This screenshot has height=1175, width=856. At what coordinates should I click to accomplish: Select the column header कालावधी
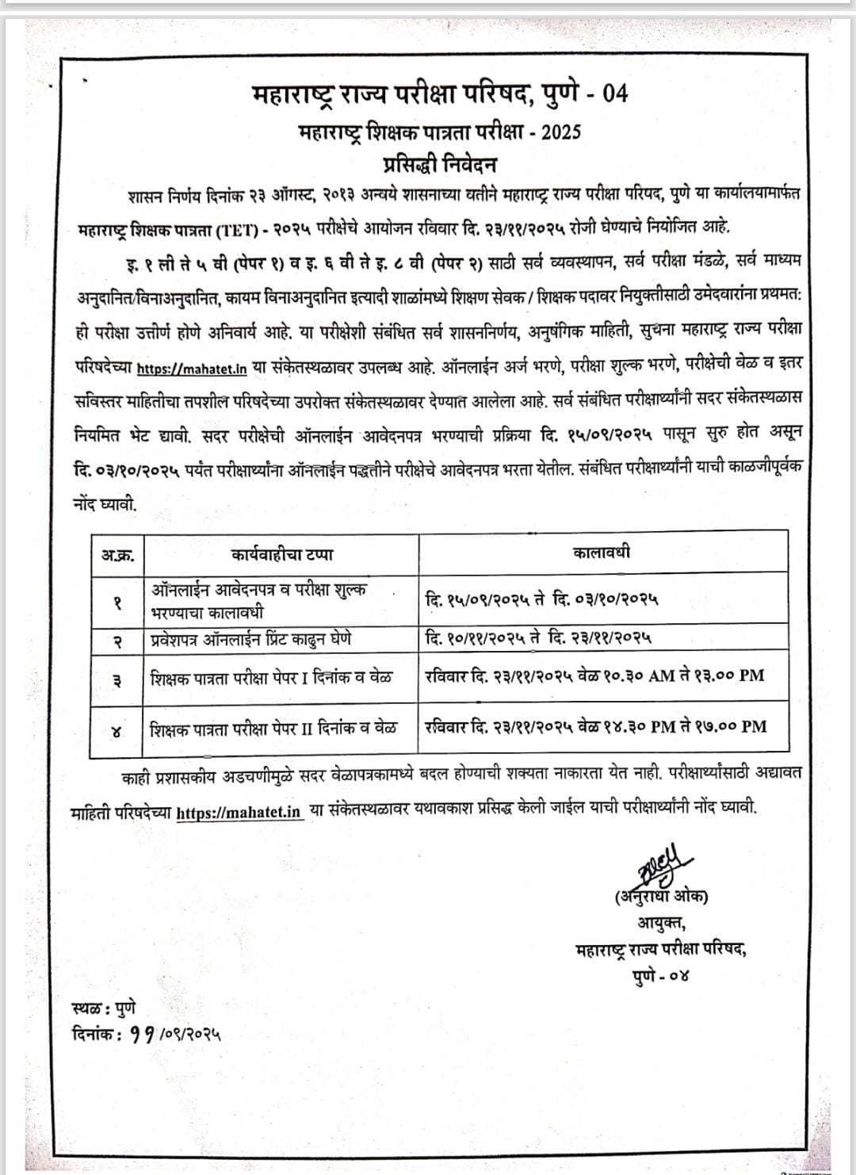[x=602, y=553]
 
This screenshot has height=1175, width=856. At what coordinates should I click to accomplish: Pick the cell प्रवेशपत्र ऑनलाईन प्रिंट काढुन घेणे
[x=251, y=639]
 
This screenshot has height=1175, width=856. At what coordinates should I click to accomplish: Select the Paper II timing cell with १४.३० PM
[x=595, y=725]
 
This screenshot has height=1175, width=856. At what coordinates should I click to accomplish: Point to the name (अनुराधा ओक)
[x=660, y=897]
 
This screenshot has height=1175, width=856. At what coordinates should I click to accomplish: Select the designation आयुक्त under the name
[x=660, y=923]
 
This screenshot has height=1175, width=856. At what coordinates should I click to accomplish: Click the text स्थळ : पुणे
[x=103, y=1009]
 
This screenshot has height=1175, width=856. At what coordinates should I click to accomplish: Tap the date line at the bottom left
[x=145, y=1034]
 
